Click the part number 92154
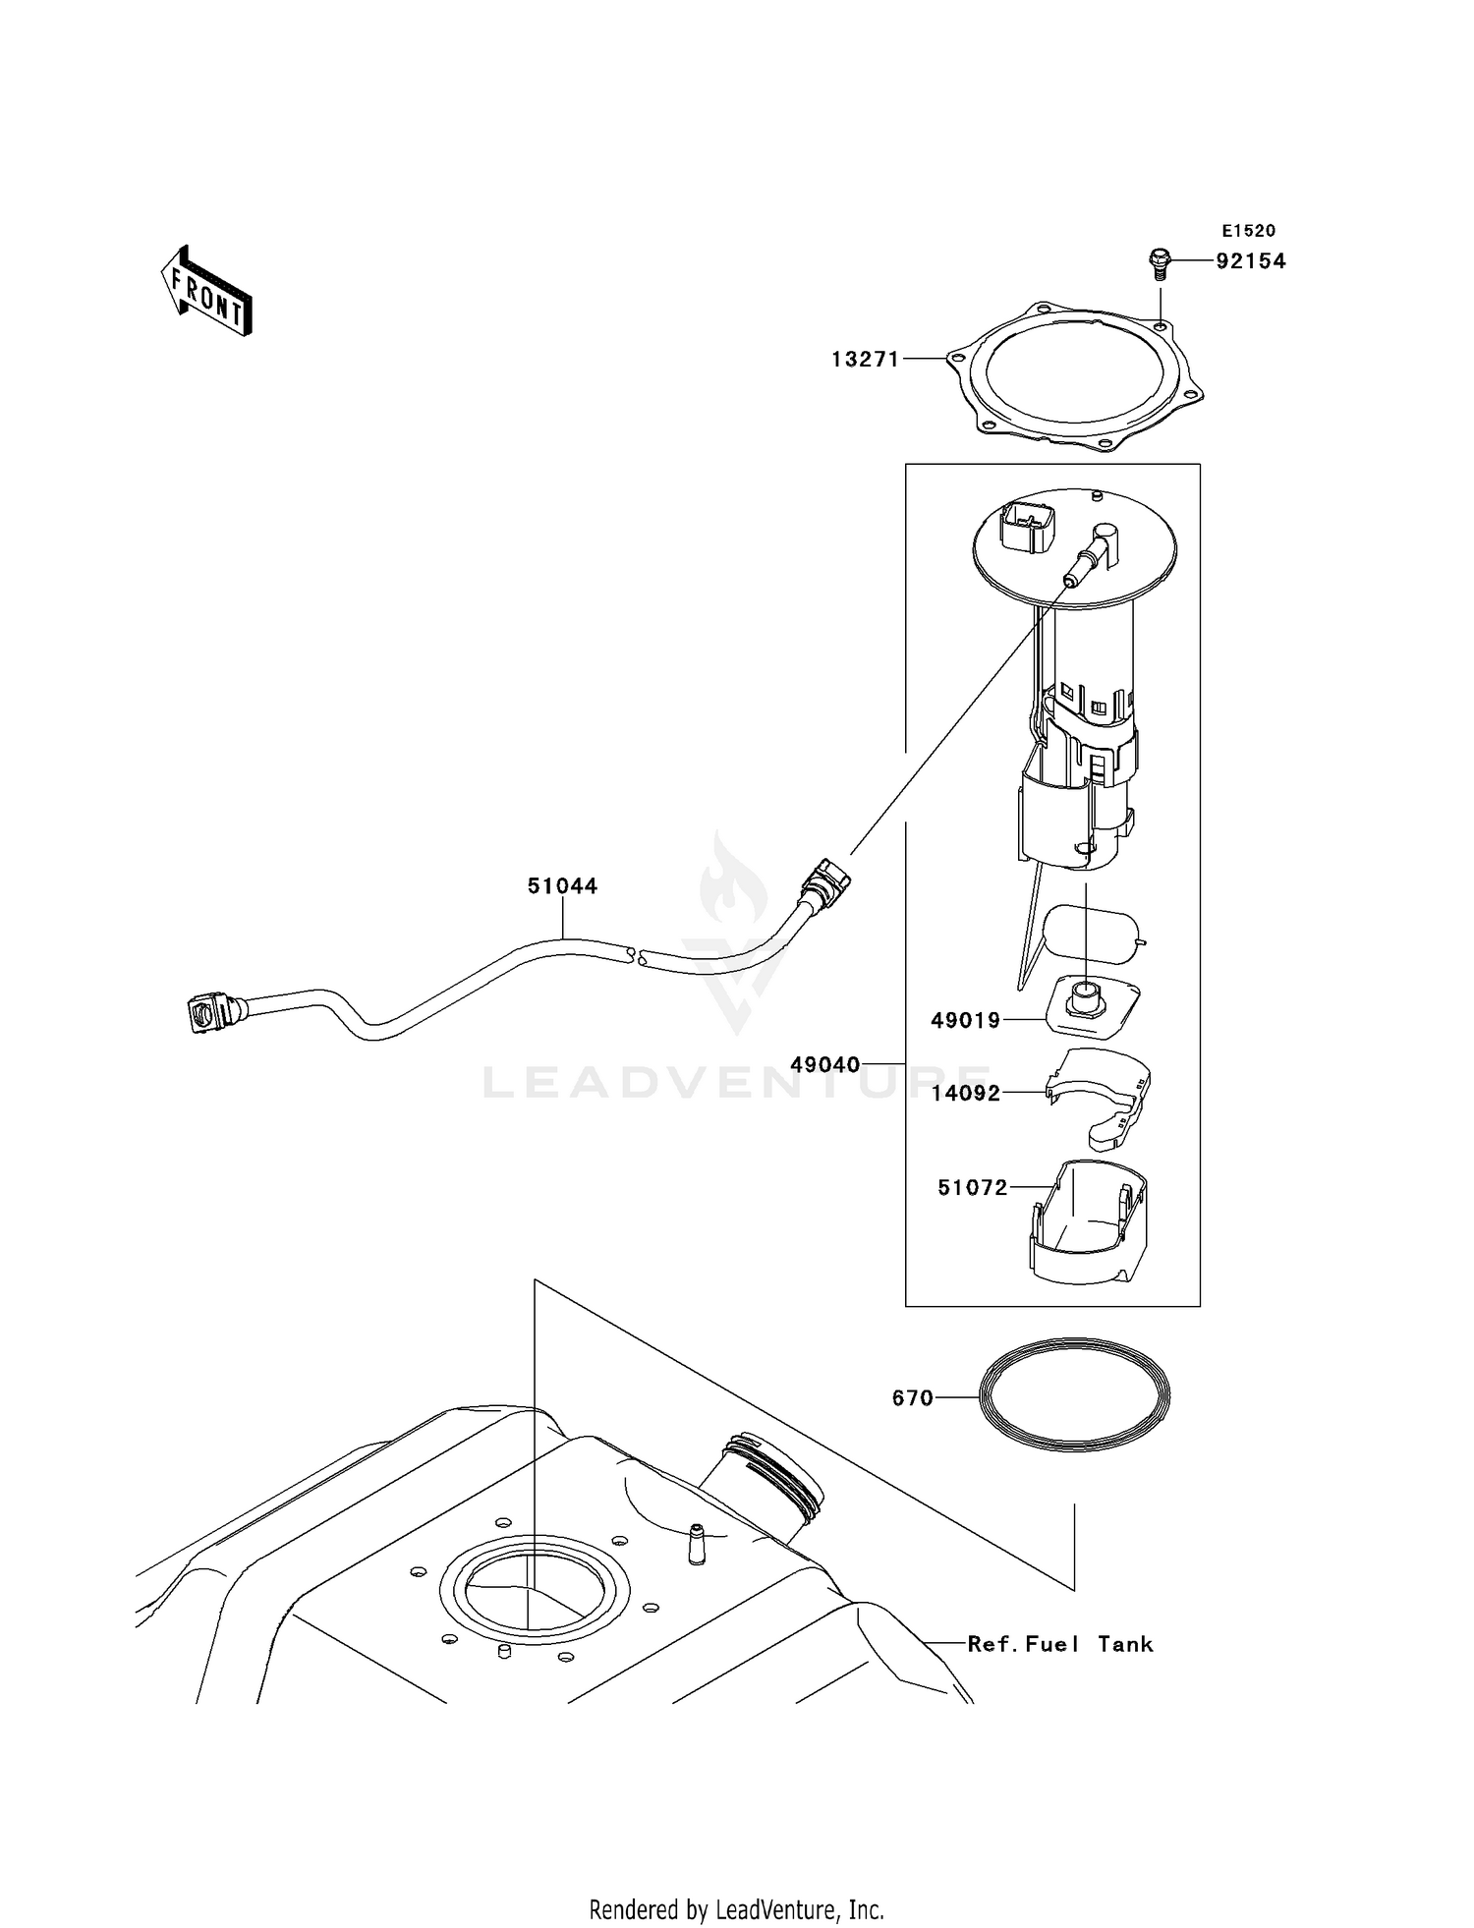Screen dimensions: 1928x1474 [1250, 261]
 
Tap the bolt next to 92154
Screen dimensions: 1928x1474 [1160, 262]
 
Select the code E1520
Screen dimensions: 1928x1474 [1248, 231]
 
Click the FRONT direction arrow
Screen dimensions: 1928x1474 [207, 292]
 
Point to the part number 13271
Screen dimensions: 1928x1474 [865, 360]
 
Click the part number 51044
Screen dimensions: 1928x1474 [562, 886]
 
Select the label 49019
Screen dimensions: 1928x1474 [965, 1021]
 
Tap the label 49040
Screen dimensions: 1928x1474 [824, 1064]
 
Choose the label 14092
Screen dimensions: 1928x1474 [965, 1094]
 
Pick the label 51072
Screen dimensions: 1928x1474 [972, 1188]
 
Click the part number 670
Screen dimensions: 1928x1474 [912, 1397]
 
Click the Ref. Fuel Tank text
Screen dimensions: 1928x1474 [1059, 1644]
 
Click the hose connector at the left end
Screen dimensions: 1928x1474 [212, 1013]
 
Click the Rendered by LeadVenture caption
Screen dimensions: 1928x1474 [736, 1909]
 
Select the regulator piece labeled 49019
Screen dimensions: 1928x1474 [1090, 1007]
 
